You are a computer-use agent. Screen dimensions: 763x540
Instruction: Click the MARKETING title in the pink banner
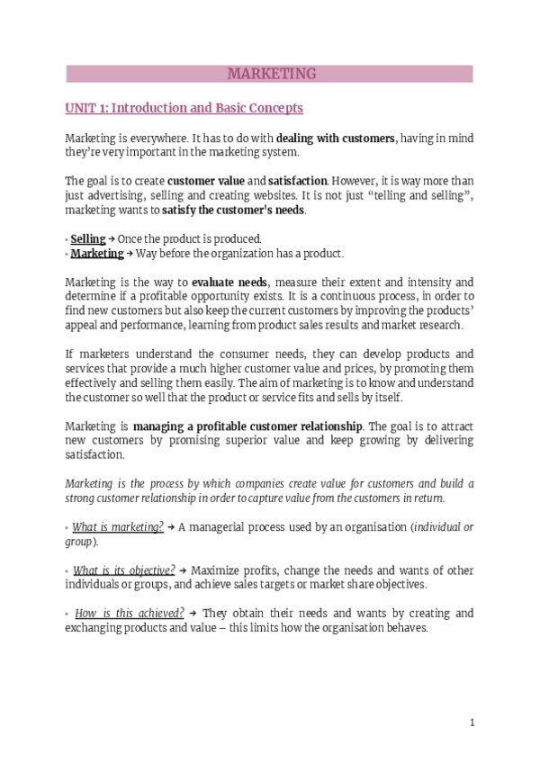(270, 74)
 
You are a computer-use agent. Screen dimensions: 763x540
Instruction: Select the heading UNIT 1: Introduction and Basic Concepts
(184, 108)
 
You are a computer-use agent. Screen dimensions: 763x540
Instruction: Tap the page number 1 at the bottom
(472, 723)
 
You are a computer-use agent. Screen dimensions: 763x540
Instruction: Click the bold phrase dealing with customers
(336, 139)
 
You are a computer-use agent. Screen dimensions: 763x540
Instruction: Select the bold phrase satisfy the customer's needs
(233, 211)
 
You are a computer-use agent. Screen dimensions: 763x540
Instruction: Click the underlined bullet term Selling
(88, 238)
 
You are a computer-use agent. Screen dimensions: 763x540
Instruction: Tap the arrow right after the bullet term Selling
(112, 238)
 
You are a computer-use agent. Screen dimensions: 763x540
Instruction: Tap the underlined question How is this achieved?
(130, 614)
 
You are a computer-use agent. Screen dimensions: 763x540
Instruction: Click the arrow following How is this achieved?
(193, 614)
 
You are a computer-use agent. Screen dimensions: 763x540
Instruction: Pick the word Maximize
(217, 570)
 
